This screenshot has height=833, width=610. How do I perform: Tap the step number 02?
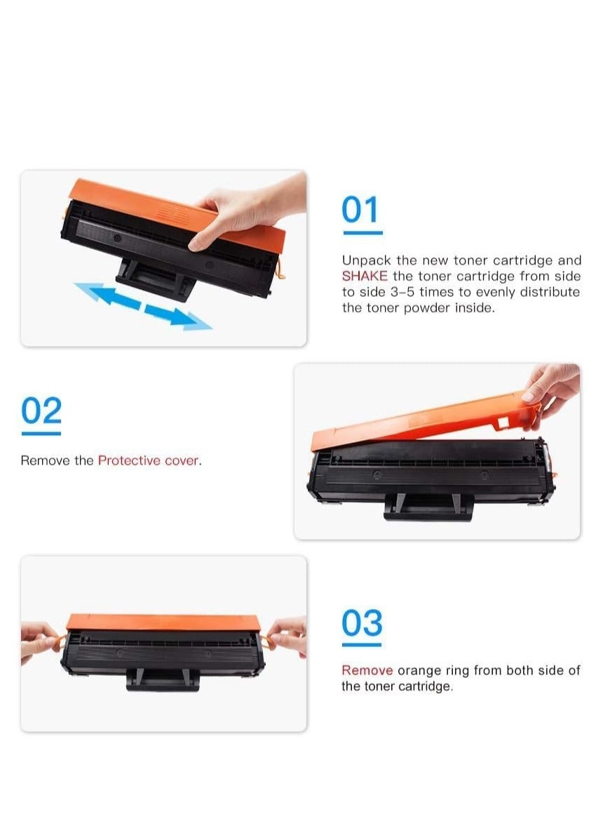(41, 411)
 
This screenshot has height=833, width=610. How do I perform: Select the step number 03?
(362, 622)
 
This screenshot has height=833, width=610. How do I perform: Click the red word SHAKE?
(365, 276)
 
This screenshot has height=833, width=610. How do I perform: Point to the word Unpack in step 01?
(366, 261)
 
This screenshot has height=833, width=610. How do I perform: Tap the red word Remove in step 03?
(367, 670)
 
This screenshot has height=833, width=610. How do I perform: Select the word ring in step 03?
(457, 671)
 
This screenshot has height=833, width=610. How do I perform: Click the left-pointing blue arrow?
(108, 295)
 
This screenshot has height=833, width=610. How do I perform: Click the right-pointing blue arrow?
(178, 316)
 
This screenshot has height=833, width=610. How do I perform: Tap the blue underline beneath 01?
(362, 233)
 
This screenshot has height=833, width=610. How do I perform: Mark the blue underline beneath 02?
(41, 434)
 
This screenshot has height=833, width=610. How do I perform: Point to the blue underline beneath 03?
(362, 645)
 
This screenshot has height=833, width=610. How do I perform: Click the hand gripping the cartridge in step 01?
(250, 213)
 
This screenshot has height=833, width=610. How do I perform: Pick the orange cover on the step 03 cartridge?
(163, 622)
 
